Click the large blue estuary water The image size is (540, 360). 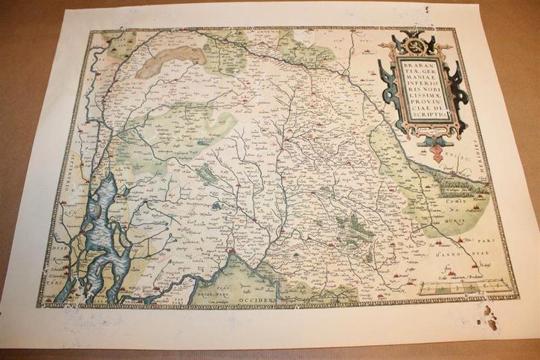point(104,223)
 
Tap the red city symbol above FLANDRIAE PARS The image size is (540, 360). point(234,257)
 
